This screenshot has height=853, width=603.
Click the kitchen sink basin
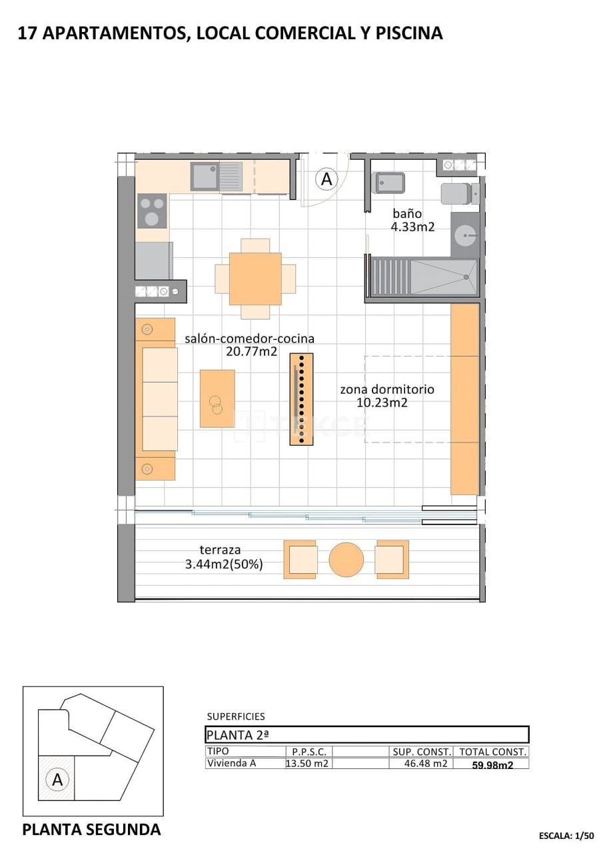click(205, 176)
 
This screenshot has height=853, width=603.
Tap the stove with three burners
click(152, 211)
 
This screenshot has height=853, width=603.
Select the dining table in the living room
click(255, 279)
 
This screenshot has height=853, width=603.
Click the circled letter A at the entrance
click(326, 179)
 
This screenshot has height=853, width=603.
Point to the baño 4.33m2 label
click(412, 221)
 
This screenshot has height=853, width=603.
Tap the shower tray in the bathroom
click(443, 277)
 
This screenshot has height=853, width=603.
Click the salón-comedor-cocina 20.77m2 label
click(250, 345)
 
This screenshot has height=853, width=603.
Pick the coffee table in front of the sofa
click(217, 399)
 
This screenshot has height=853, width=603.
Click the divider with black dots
click(301, 399)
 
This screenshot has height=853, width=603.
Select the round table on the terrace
click(346, 558)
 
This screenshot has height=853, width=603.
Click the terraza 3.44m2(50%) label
click(224, 557)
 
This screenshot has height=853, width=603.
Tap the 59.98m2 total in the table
click(492, 764)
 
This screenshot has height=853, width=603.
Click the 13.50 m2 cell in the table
click(308, 764)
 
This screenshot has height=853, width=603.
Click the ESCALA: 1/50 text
click(566, 835)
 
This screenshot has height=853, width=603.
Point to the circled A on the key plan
click(57, 779)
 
